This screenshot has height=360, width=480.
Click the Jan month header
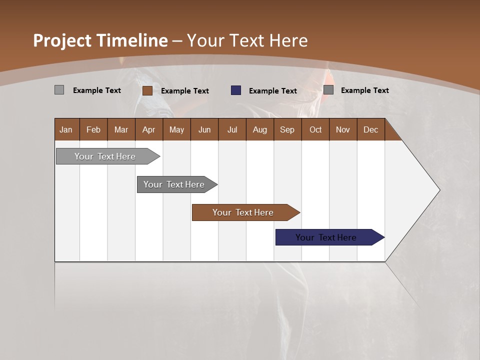(x=66, y=130)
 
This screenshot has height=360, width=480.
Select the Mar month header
(x=121, y=130)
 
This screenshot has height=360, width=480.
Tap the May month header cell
(x=176, y=130)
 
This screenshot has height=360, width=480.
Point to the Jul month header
(x=232, y=130)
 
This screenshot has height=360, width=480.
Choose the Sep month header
(x=287, y=130)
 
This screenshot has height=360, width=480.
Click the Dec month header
(x=370, y=130)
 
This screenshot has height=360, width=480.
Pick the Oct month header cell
(x=315, y=130)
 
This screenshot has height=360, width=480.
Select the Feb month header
(x=93, y=130)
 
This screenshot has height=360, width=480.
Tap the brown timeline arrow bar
(x=243, y=212)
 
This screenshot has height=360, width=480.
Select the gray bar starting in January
(x=105, y=156)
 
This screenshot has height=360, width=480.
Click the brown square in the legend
(x=147, y=90)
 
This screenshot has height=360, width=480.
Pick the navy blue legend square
(x=236, y=90)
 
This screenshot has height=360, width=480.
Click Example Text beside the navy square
(x=272, y=91)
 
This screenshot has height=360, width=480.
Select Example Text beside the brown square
(x=184, y=91)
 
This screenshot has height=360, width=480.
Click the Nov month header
(x=342, y=130)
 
